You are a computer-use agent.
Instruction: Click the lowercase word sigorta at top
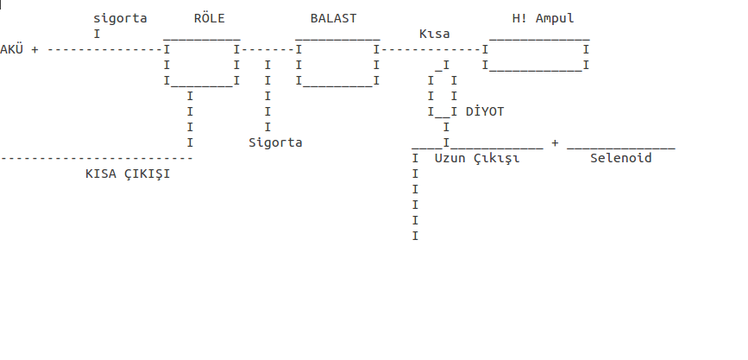click(x=120, y=19)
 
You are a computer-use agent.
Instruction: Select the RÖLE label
click(x=210, y=18)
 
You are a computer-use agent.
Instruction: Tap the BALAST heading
click(x=334, y=19)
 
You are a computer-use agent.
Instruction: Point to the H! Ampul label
click(x=544, y=19)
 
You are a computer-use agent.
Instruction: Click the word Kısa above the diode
click(x=435, y=35)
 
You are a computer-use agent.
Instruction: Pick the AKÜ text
click(x=11, y=49)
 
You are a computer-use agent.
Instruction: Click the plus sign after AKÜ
click(x=35, y=50)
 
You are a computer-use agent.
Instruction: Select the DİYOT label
click(x=485, y=111)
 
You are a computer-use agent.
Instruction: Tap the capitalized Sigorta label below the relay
click(x=275, y=142)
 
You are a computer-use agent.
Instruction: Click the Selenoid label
click(x=621, y=158)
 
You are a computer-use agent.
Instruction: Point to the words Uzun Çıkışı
click(x=477, y=159)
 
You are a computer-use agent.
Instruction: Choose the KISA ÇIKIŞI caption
click(x=128, y=174)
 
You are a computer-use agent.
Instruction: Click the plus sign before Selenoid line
click(x=555, y=142)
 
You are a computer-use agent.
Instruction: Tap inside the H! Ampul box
click(x=536, y=56)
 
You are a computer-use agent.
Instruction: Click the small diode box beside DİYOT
click(x=443, y=96)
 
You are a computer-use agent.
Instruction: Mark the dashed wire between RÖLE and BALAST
click(x=267, y=50)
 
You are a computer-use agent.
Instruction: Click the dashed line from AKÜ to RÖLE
click(x=105, y=50)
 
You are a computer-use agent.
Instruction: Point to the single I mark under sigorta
click(x=97, y=35)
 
